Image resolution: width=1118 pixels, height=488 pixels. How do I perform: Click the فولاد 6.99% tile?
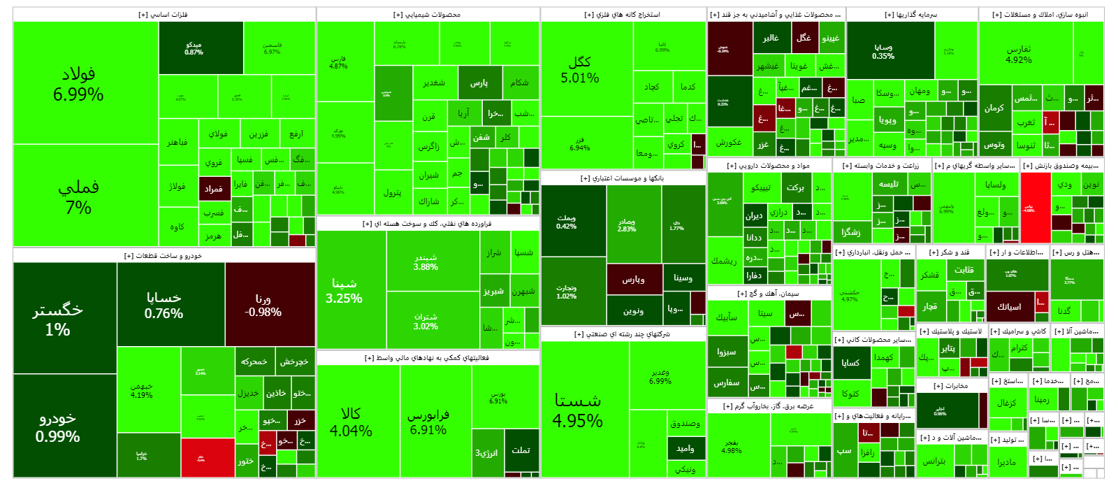click(x=78, y=84)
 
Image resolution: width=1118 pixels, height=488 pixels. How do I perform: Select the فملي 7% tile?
click(x=78, y=196)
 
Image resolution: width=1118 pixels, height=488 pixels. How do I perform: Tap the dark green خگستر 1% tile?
click(x=58, y=319)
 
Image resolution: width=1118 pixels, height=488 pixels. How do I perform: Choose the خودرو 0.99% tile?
click(x=58, y=426)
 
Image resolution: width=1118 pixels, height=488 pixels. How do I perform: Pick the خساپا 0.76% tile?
click(x=164, y=305)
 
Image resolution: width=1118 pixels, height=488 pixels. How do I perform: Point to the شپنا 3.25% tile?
click(x=344, y=290)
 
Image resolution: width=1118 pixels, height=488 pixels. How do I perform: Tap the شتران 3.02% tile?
click(x=426, y=321)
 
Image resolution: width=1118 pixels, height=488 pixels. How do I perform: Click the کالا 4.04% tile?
click(x=351, y=422)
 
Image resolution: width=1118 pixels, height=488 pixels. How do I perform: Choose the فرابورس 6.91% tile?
click(x=428, y=422)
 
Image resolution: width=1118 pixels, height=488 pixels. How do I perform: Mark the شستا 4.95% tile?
click(x=578, y=410)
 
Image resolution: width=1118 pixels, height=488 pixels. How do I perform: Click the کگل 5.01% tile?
click(x=580, y=69)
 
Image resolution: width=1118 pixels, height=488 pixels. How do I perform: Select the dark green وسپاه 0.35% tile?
click(x=883, y=51)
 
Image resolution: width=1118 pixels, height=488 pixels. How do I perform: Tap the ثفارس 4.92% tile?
click(x=1019, y=54)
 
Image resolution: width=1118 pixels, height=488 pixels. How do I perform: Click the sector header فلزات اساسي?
click(x=164, y=15)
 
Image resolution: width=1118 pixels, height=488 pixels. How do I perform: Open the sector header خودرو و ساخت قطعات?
click(x=164, y=256)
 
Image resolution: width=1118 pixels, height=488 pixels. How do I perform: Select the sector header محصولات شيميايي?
click(x=428, y=15)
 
